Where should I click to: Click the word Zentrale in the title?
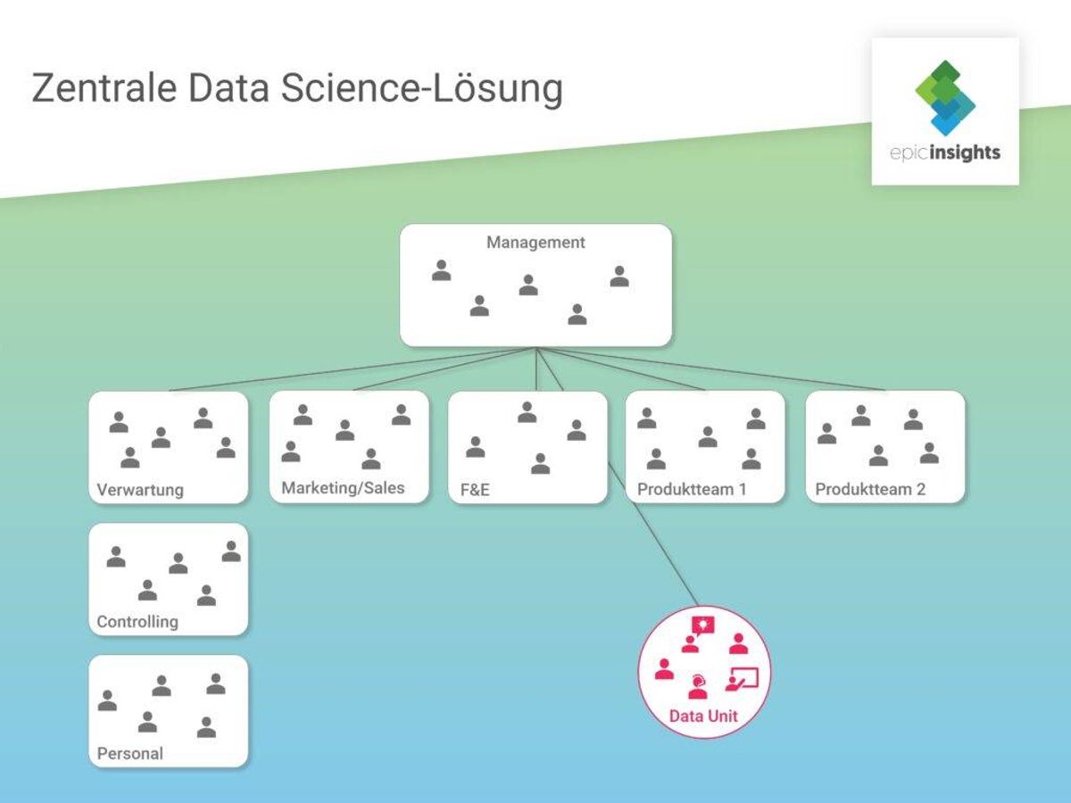(104, 88)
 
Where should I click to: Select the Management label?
(535, 243)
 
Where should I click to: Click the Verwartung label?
(140, 490)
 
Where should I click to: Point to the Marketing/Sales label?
(343, 488)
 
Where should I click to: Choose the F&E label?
(475, 490)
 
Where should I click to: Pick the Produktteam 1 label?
(692, 489)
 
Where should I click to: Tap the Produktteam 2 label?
(870, 489)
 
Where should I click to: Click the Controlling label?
(137, 622)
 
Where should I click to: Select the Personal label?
(129, 753)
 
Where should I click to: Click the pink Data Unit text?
(703, 716)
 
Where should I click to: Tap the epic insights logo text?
(945, 153)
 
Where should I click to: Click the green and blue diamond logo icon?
(945, 97)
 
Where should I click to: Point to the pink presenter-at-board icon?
(743, 679)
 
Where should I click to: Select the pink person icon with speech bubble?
(698, 634)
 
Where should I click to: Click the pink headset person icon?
(698, 686)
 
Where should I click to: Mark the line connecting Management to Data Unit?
(618, 476)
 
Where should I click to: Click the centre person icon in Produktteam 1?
(708, 437)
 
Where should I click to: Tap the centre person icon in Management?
(528, 286)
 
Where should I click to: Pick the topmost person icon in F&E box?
(527, 412)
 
